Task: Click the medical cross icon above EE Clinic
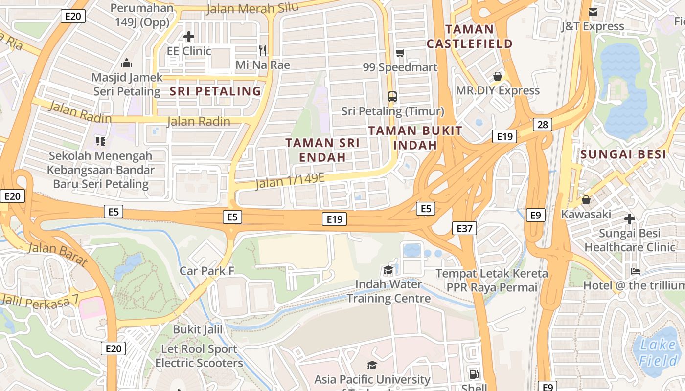click(x=188, y=37)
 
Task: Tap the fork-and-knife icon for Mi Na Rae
click(x=263, y=50)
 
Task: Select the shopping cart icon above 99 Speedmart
click(x=400, y=53)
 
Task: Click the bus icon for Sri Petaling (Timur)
click(x=392, y=96)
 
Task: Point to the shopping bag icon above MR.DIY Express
click(x=498, y=76)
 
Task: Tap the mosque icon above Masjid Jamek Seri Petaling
click(x=127, y=63)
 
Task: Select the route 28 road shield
click(x=543, y=124)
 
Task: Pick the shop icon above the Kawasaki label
click(x=586, y=200)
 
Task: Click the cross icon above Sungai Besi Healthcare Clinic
click(x=630, y=219)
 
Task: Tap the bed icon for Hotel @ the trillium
click(x=636, y=271)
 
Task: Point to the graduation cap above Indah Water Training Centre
click(x=388, y=270)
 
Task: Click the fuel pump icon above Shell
click(x=473, y=374)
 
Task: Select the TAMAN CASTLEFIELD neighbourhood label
click(x=470, y=36)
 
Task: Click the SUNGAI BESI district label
click(x=623, y=155)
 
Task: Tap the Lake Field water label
click(x=658, y=353)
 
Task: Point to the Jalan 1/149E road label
click(x=290, y=181)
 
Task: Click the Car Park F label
click(x=207, y=271)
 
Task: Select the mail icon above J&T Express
click(x=593, y=12)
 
